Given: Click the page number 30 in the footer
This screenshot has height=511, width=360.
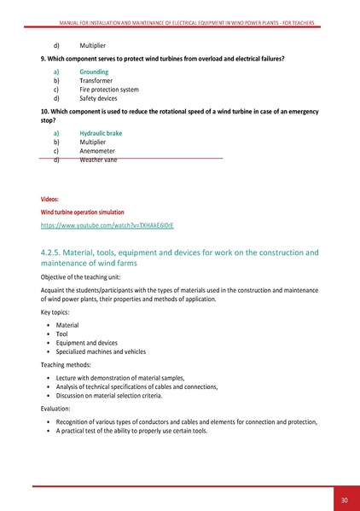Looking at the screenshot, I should point(344,500).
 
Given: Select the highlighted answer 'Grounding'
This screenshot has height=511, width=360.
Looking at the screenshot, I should point(94,73).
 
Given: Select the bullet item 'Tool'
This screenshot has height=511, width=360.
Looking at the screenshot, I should point(62,334).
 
